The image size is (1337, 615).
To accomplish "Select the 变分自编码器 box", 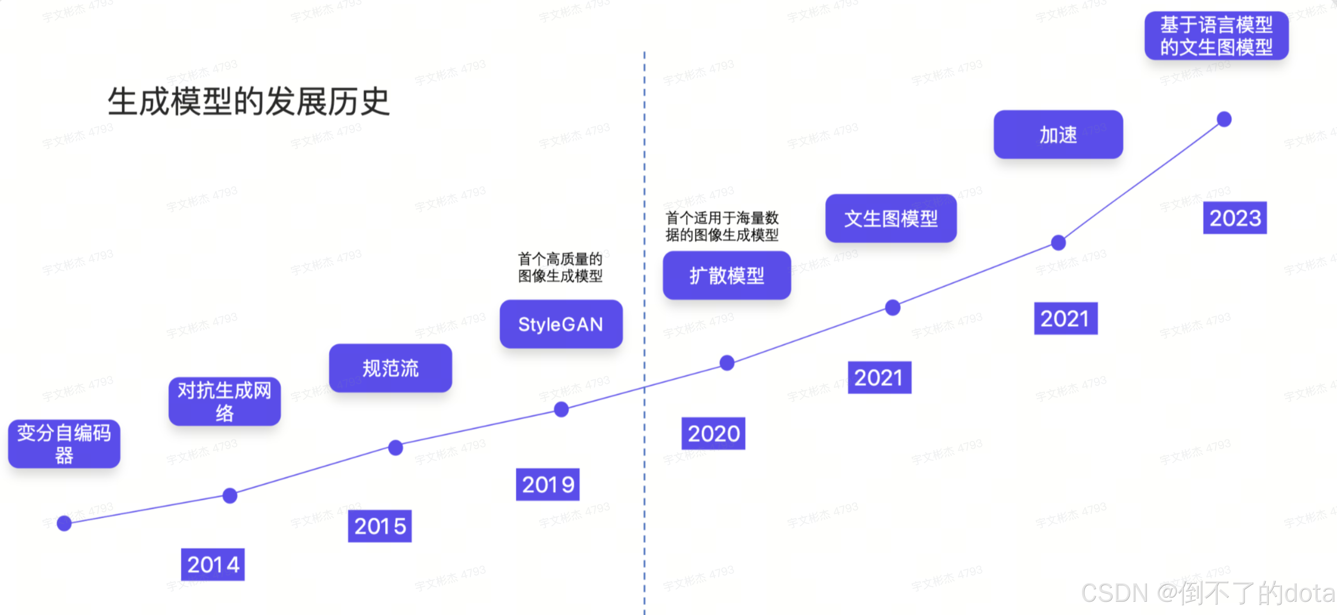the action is pyautogui.click(x=64, y=444).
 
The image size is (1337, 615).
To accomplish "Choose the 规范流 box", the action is pyautogui.click(x=390, y=368).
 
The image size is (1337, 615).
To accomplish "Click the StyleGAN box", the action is pyautogui.click(x=561, y=324).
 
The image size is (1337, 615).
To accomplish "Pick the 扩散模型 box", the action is pyautogui.click(x=727, y=276).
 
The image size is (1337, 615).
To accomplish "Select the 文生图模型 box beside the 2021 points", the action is pyautogui.click(x=891, y=218).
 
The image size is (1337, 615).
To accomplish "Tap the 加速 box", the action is pyautogui.click(x=1058, y=135).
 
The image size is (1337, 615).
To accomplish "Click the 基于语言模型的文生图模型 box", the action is pyautogui.click(x=1216, y=36).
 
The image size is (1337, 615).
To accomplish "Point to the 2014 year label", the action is pyautogui.click(x=213, y=564).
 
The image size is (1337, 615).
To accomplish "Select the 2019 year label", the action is pyautogui.click(x=547, y=484).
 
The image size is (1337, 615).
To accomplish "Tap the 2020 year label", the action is pyautogui.click(x=713, y=434).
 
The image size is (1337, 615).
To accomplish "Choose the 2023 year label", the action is pyautogui.click(x=1235, y=218).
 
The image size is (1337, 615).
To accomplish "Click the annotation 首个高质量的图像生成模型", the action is pyautogui.click(x=560, y=267).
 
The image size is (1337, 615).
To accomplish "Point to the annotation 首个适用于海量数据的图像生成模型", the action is pyautogui.click(x=722, y=226).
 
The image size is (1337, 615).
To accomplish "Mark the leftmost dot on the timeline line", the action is pyautogui.click(x=64, y=523).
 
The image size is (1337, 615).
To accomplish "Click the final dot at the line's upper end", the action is pyautogui.click(x=1224, y=119).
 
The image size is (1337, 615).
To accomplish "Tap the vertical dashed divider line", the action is pyautogui.click(x=644, y=208).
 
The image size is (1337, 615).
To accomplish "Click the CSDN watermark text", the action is pyautogui.click(x=1207, y=593).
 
